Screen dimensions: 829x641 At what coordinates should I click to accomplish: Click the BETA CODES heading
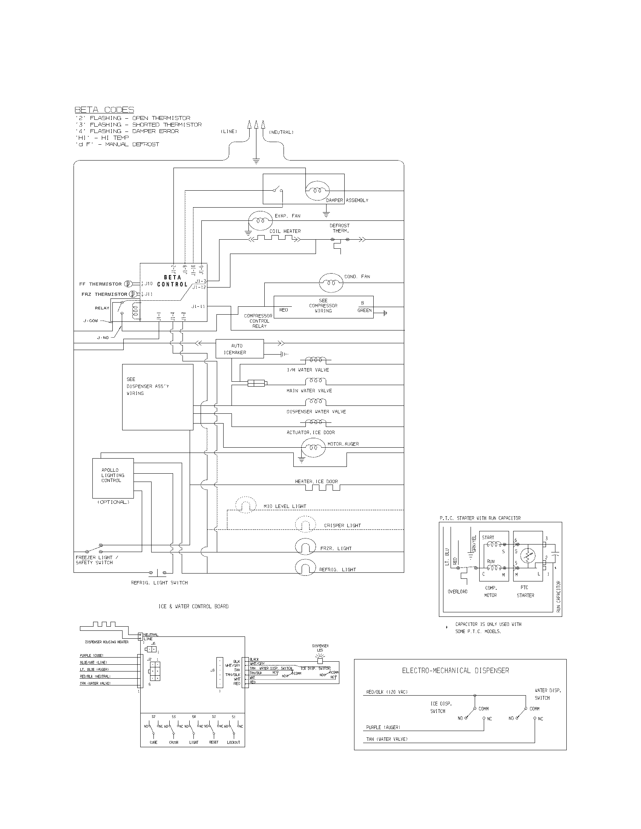tap(104, 110)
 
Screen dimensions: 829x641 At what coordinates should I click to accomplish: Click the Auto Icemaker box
tap(239, 349)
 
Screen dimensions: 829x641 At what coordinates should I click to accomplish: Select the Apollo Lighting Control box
tap(113, 478)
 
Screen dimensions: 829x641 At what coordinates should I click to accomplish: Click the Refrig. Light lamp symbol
tap(305, 568)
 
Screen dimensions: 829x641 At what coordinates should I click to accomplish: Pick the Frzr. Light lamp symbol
tap(305, 547)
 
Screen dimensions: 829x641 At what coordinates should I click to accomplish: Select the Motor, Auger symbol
tap(313, 447)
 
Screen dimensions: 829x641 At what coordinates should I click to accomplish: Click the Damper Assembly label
tap(347, 200)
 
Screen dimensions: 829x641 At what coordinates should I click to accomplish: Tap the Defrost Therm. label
tap(339, 228)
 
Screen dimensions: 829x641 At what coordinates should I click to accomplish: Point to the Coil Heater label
tap(285, 231)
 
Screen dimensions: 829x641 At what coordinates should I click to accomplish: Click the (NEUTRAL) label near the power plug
tap(281, 132)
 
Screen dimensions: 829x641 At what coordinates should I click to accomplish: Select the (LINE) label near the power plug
tap(229, 132)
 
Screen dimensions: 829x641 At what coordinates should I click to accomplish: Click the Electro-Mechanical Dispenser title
tap(455, 671)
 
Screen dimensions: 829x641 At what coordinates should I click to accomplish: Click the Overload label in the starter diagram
tap(457, 591)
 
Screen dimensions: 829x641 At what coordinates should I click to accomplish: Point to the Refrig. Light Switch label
tap(159, 583)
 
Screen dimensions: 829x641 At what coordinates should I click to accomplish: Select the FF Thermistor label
tap(100, 284)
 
